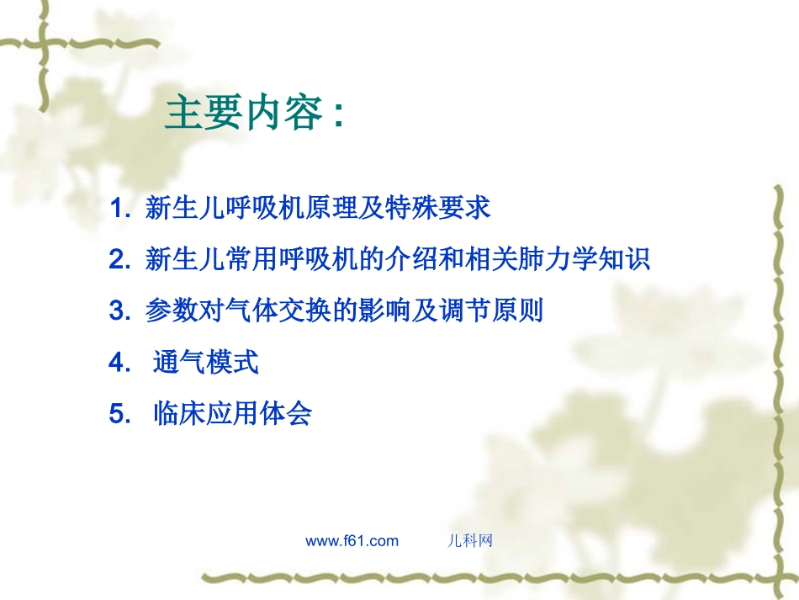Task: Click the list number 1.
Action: pos(117,209)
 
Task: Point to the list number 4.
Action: pos(117,363)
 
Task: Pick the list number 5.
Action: pos(117,414)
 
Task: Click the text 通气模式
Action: pos(206,363)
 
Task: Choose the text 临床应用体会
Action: pos(232,414)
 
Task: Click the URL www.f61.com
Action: pos(352,541)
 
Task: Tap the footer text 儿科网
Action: pos(468,541)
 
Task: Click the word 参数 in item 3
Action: pos(166,311)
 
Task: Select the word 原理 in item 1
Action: pos(327,209)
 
